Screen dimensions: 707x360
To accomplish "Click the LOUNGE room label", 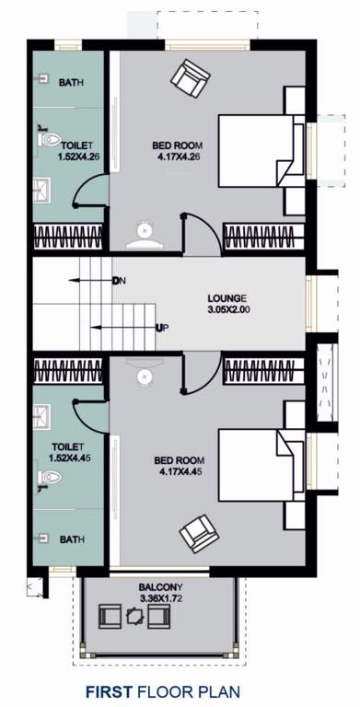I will click(x=226, y=298).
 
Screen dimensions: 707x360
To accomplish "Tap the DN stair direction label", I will click(x=118, y=280).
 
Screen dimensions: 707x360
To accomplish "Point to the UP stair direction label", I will click(x=162, y=328).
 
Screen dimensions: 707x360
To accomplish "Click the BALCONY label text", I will click(x=158, y=586).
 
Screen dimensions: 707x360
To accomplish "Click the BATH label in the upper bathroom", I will click(x=71, y=83).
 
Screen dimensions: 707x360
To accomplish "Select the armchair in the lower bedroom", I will click(x=199, y=533).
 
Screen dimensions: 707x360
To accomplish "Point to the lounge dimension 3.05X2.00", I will click(x=226, y=310).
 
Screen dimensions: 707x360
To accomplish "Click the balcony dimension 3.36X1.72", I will click(x=158, y=598).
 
